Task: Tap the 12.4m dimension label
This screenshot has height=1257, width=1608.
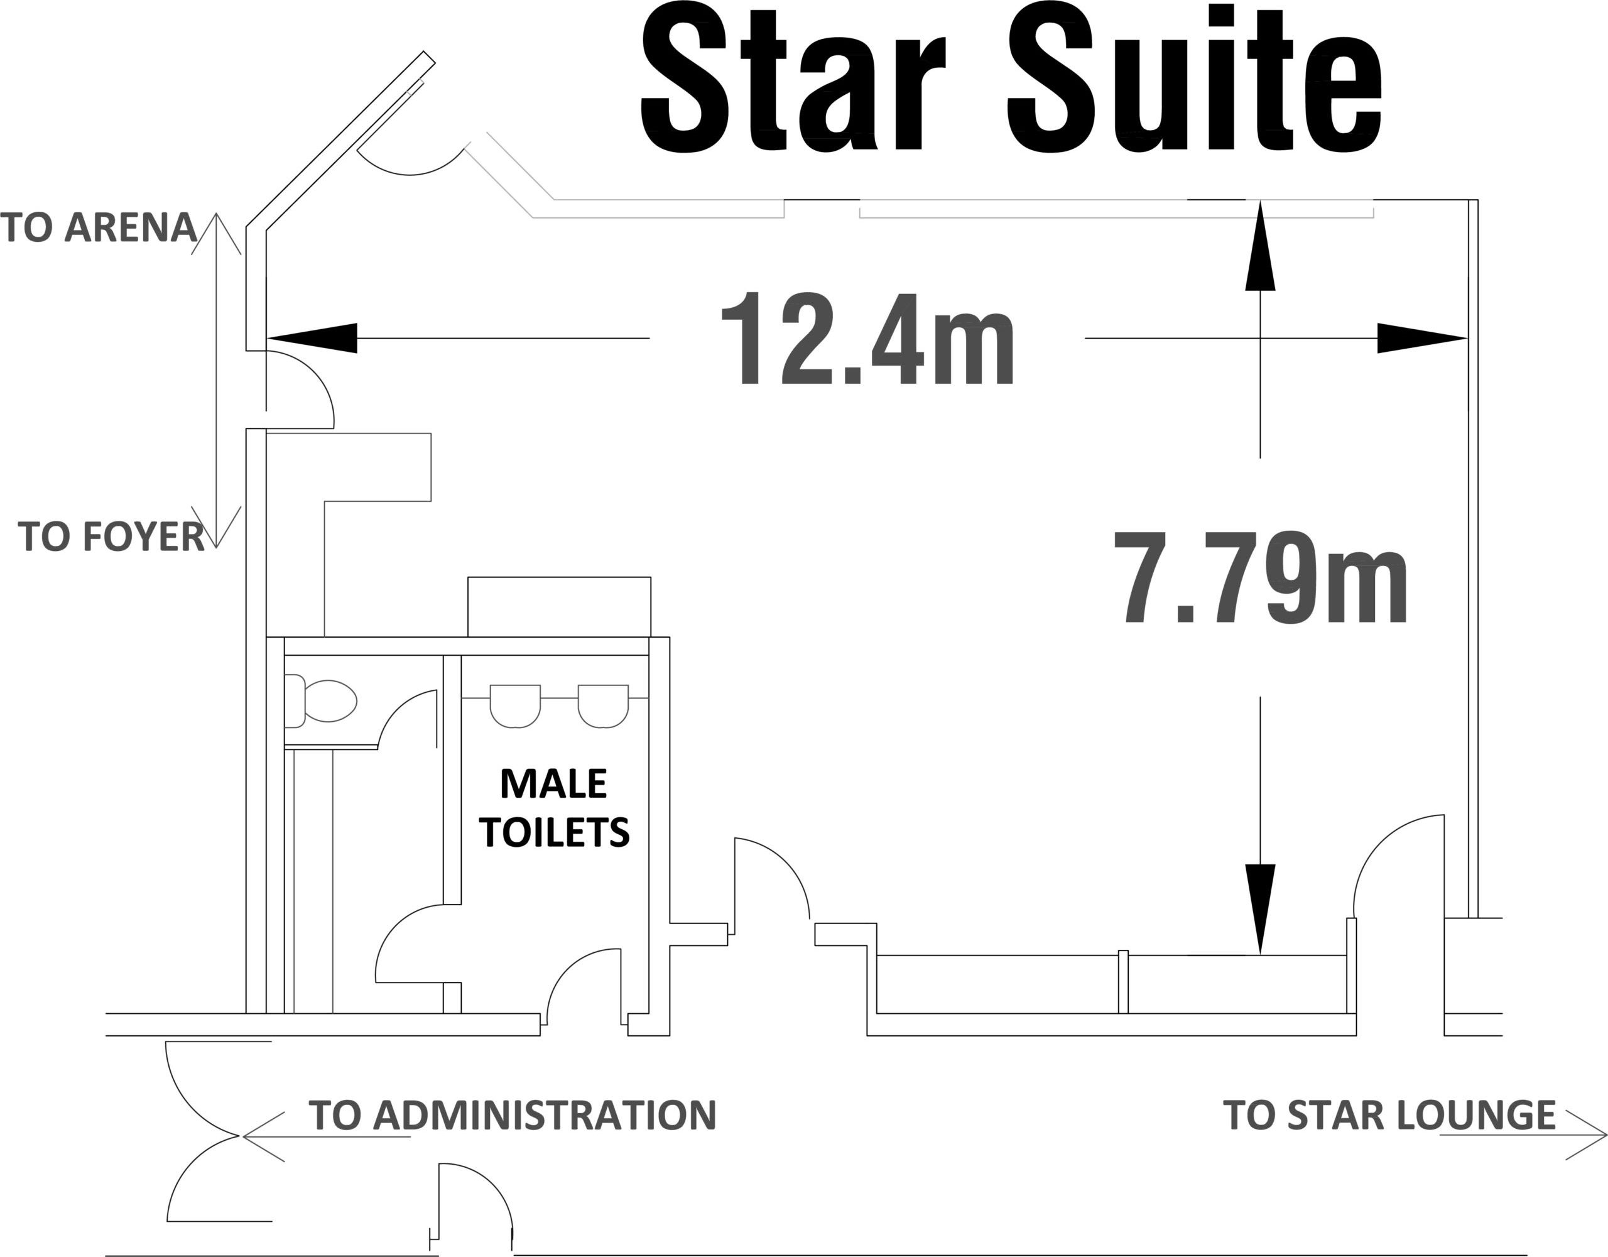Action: coord(868,339)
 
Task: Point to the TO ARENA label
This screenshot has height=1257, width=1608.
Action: coord(99,227)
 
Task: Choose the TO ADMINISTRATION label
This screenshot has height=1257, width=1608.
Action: coord(513,1115)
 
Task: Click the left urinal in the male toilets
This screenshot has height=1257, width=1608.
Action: coord(516,706)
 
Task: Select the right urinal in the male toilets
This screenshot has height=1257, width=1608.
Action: coord(603,706)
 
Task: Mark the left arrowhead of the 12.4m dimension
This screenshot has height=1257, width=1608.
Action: coord(312,338)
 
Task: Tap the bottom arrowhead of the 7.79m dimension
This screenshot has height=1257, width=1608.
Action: coord(1261,910)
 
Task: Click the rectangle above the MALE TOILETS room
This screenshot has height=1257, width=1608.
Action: coord(560,607)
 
